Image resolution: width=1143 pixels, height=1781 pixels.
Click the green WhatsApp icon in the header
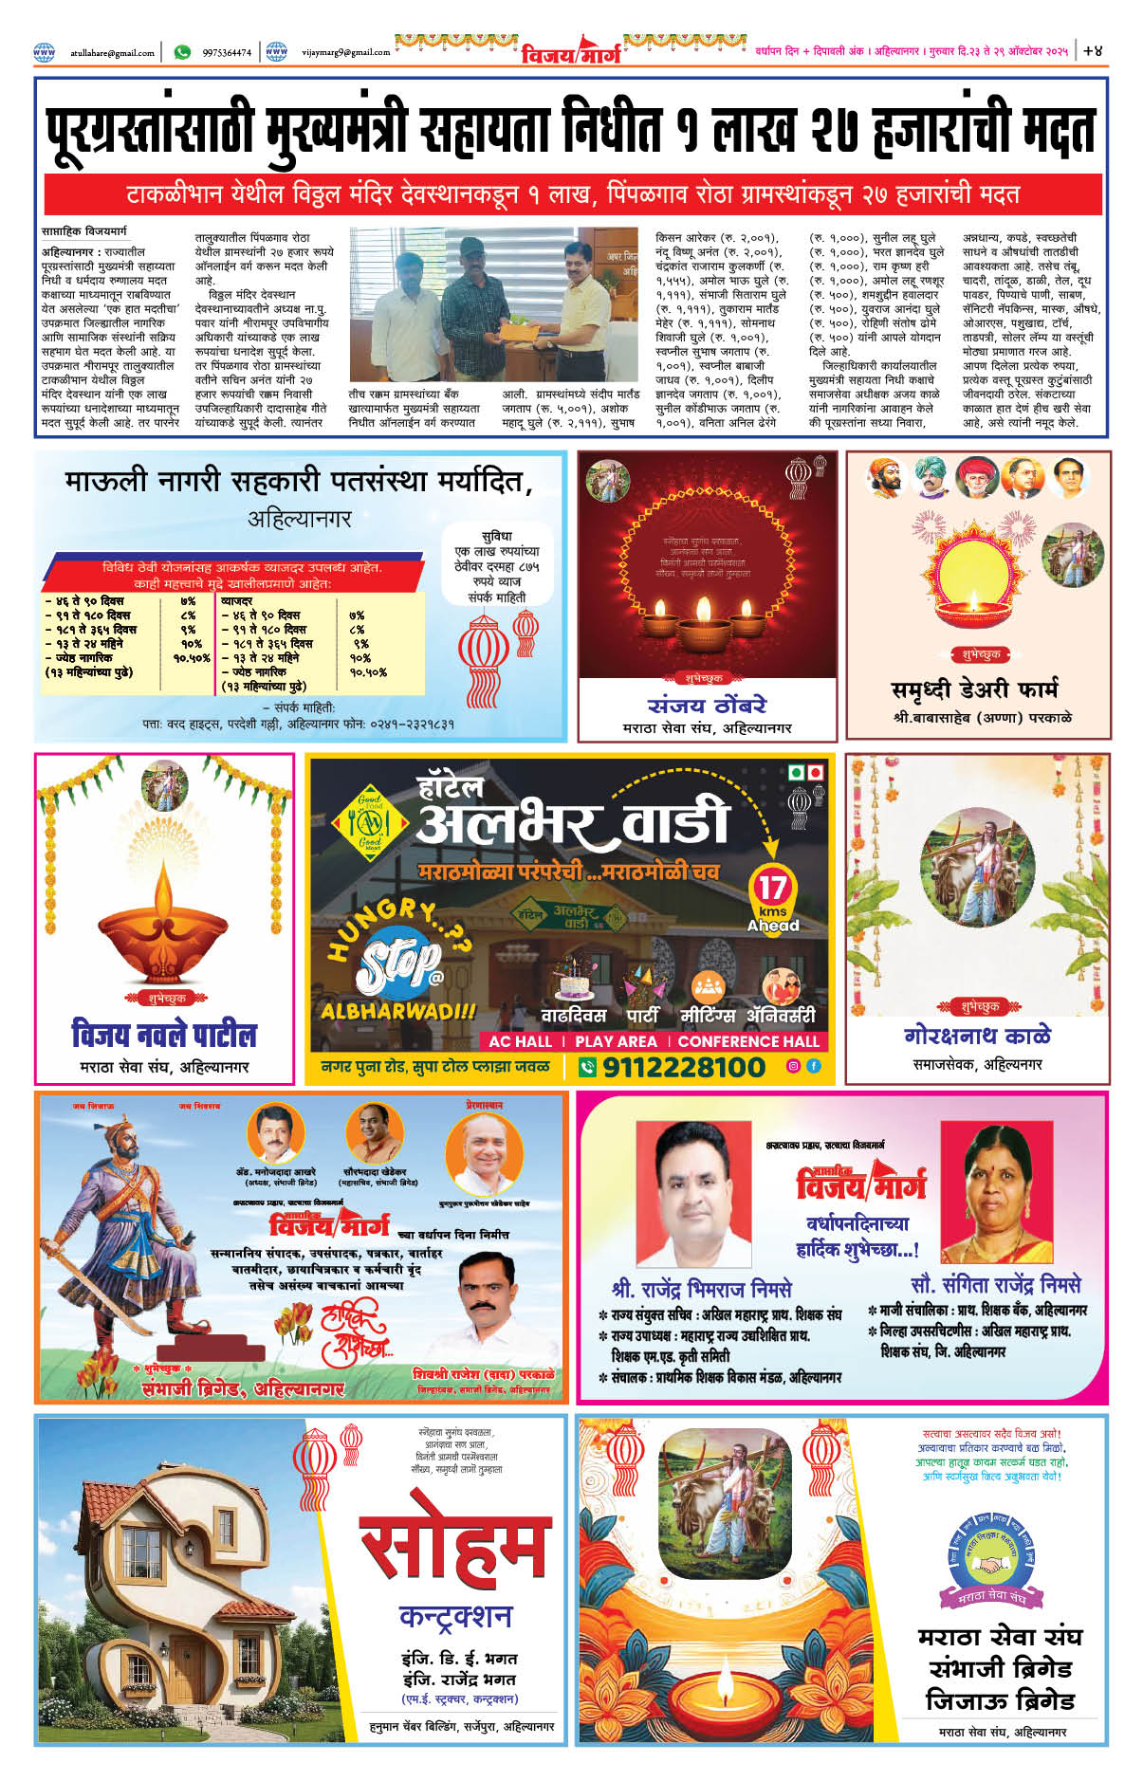pos(182,52)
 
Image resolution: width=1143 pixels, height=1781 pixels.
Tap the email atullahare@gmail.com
pos(112,53)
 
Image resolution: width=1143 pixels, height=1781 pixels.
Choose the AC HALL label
pos(520,1040)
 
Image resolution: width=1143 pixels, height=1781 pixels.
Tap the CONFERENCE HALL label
pos(748,1040)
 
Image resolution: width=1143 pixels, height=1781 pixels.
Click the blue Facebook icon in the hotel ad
pos(814,1066)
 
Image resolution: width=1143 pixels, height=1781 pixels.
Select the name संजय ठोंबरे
pos(707,705)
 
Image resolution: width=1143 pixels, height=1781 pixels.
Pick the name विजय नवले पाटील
pos(164,1034)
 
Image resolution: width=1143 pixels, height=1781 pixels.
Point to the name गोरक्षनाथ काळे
pos(977,1035)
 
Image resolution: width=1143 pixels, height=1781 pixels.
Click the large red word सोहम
pos(454,1547)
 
